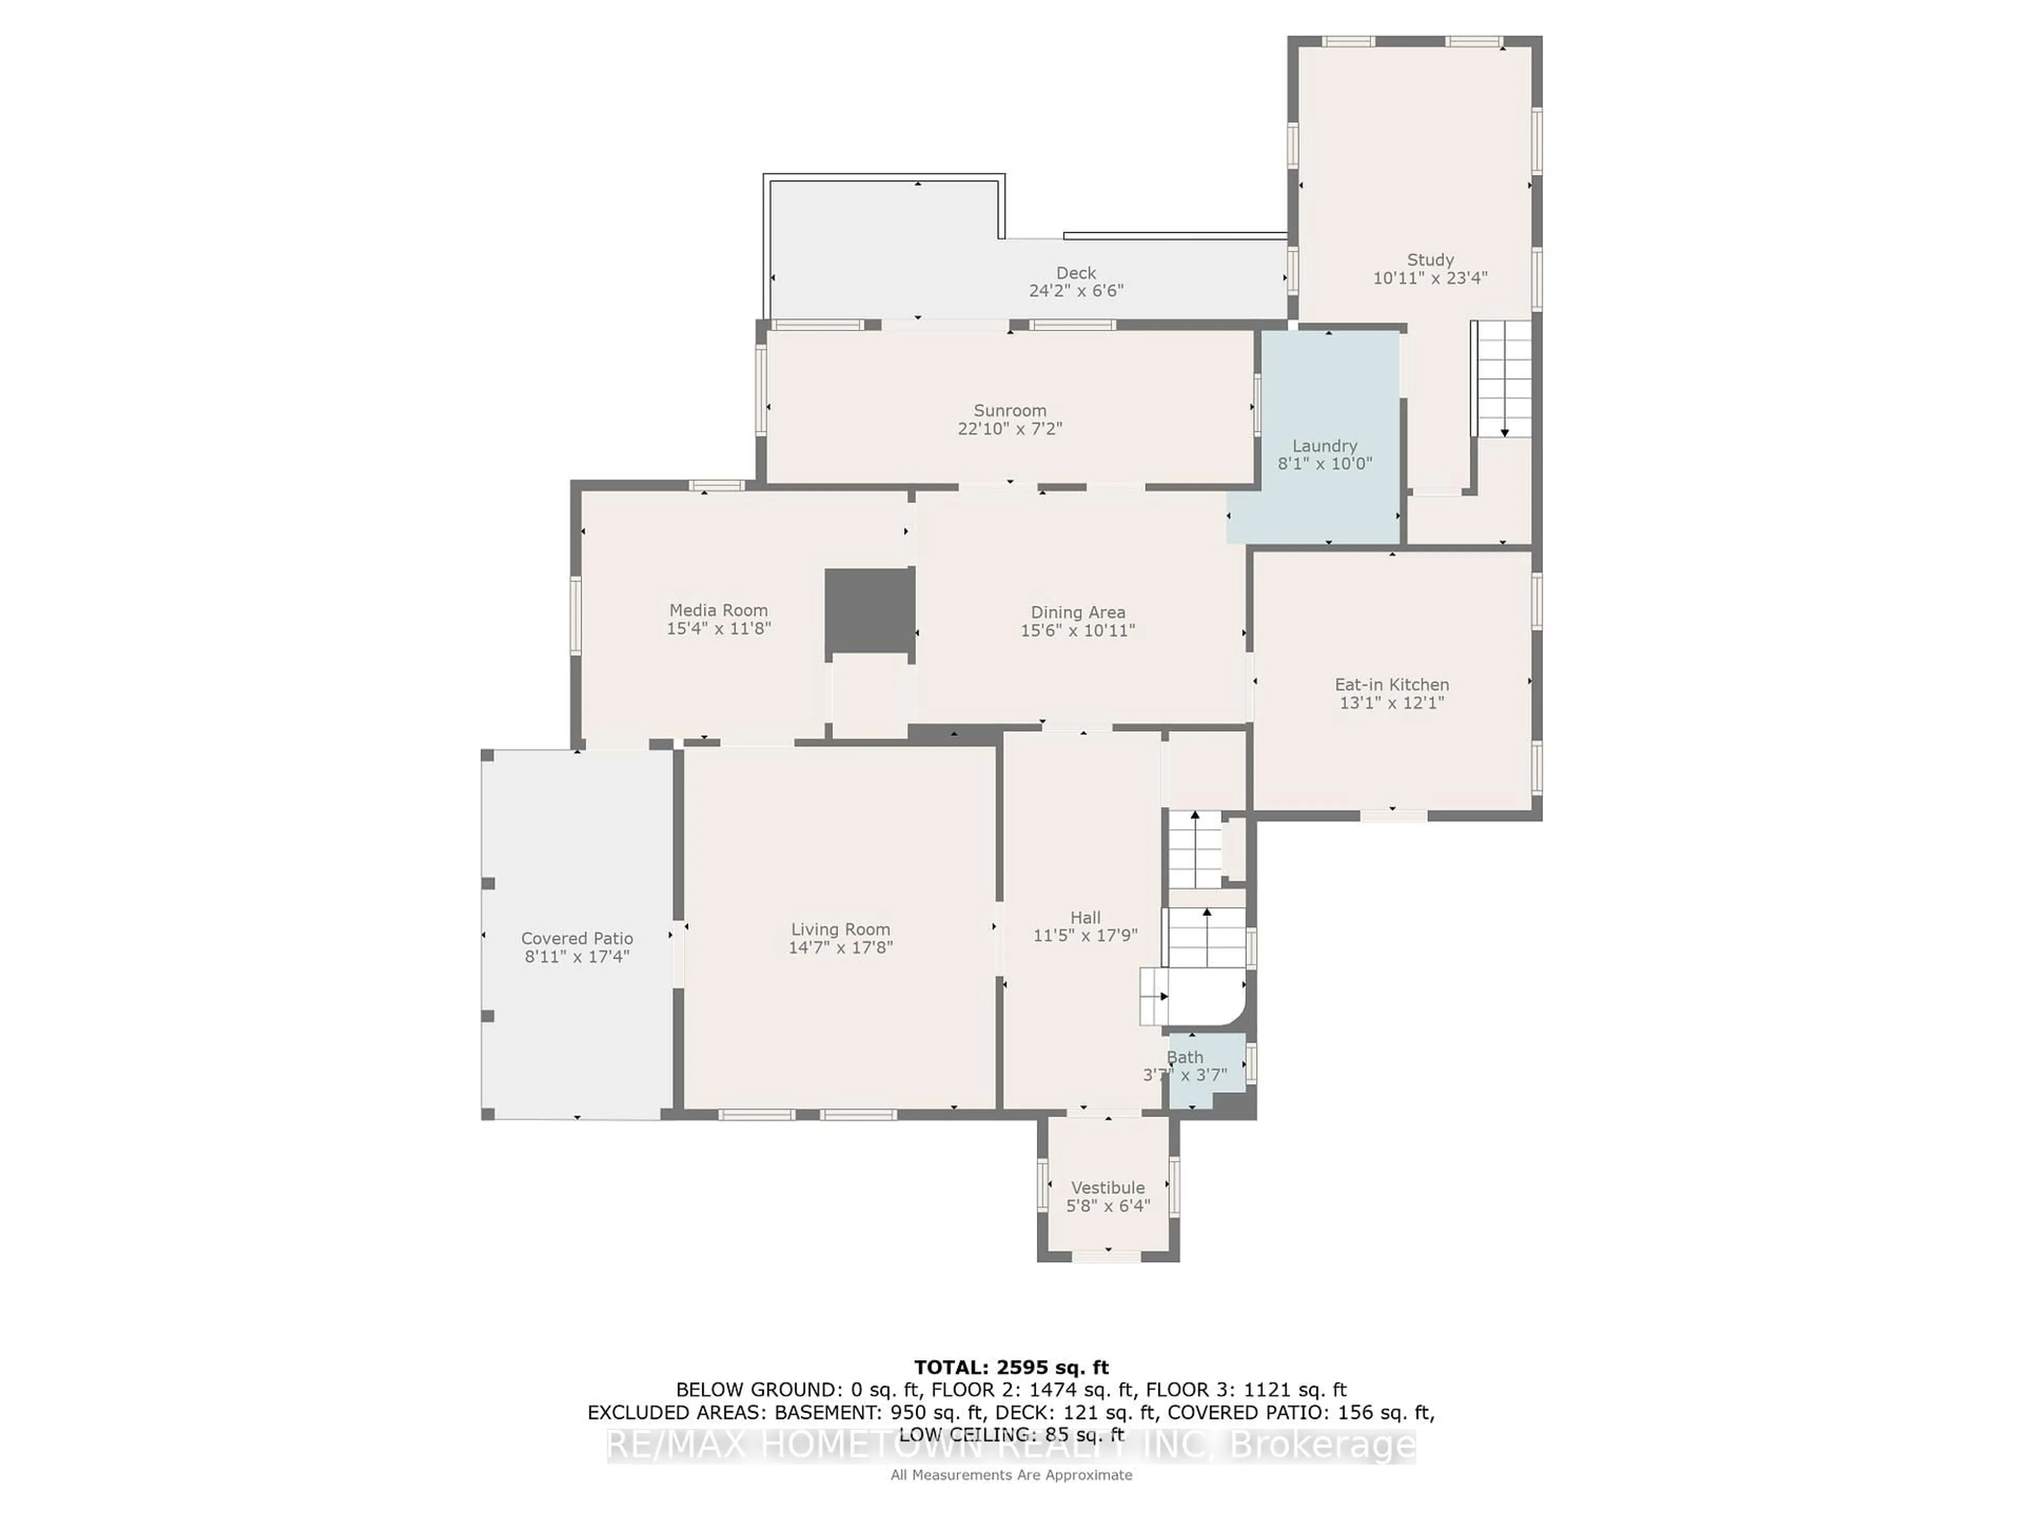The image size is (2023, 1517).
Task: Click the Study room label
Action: (x=1429, y=260)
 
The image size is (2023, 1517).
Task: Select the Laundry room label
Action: (x=1324, y=445)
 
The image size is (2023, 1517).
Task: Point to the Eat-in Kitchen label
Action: (x=1391, y=684)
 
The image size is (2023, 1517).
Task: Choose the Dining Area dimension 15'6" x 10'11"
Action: (x=1077, y=630)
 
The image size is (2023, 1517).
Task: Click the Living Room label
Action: (x=840, y=929)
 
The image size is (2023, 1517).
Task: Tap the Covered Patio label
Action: (x=577, y=938)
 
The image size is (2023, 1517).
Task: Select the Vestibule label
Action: (x=1107, y=1187)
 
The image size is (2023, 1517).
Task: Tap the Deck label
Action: (x=1076, y=272)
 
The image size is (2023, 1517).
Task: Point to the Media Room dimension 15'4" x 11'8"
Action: (x=719, y=628)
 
